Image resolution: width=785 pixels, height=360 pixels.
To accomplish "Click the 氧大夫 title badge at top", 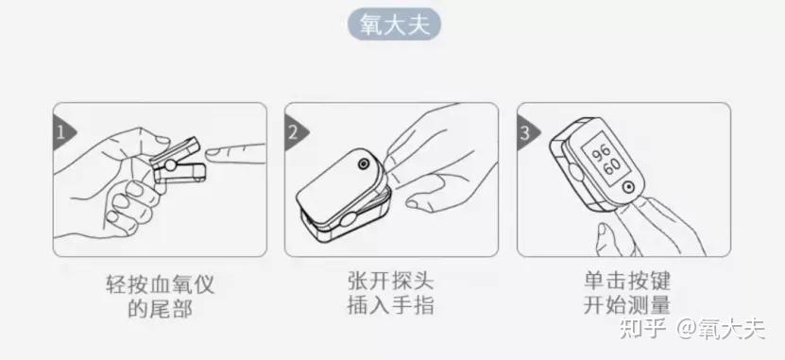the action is coord(394,24).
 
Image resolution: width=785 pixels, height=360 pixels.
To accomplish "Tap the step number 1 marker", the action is coord(61,133).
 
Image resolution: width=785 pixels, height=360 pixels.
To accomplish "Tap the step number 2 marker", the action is coord(294,133).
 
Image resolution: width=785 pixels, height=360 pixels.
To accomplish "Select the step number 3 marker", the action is coord(525,133).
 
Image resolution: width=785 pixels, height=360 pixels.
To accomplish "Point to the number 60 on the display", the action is coord(611,166).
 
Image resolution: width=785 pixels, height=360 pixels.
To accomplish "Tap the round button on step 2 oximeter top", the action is coord(362,163).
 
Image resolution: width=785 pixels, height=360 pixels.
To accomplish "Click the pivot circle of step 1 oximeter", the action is coord(171,165).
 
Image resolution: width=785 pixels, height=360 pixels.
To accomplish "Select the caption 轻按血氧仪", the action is coord(160,283).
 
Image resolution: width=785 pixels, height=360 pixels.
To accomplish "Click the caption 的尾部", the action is coord(160,308).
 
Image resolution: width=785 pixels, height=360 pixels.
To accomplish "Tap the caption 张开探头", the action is coord(391,281).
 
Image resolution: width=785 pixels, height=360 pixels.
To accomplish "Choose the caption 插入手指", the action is coord(391,304).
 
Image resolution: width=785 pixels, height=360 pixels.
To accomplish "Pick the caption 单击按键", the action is coord(627,281).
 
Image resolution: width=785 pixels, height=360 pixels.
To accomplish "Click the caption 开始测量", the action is coord(627,304).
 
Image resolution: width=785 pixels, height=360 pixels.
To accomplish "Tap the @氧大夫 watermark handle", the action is coord(721,329).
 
